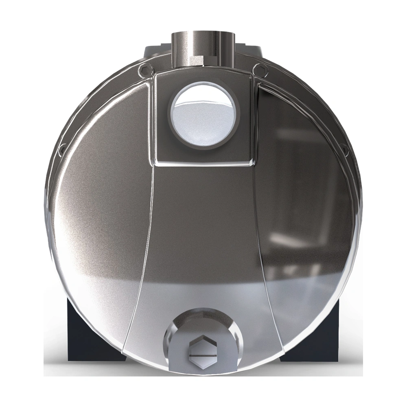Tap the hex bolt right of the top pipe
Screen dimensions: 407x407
[x=257, y=70]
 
